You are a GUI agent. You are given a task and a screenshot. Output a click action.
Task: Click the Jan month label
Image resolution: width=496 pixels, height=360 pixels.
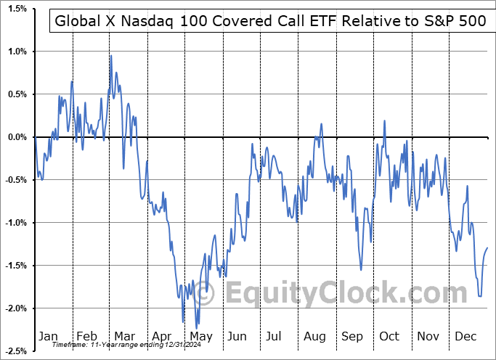(x=48, y=336)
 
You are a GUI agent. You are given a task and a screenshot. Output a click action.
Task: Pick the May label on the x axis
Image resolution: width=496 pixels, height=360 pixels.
(x=200, y=336)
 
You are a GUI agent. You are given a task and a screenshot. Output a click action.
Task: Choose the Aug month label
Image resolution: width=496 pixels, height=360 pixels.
(x=314, y=336)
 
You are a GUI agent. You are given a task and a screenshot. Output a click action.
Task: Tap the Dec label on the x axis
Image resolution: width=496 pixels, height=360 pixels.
(x=466, y=336)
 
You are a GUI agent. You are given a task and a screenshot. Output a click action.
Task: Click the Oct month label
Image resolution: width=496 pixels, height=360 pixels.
(x=390, y=336)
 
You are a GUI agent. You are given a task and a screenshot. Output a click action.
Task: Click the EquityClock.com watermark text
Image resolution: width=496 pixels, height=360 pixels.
(x=336, y=293)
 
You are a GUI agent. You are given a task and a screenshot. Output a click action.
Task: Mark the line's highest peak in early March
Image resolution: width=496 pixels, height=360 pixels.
(x=110, y=55)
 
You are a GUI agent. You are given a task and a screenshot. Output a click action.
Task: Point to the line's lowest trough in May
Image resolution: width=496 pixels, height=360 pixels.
(x=197, y=328)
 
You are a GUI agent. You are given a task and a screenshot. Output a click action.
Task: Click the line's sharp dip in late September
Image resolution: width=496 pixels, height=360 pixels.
(x=361, y=269)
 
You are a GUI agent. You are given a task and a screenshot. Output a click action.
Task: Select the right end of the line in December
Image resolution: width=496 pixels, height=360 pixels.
(x=487, y=248)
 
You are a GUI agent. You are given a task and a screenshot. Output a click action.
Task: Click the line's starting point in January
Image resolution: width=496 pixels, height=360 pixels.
(x=35, y=137)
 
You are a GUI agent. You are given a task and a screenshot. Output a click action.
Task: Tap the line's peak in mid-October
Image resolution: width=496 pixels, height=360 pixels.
(x=384, y=120)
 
